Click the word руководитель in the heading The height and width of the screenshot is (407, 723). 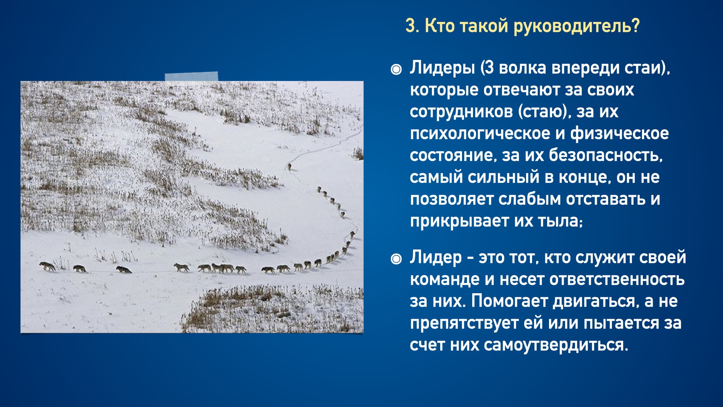pyautogui.click(x=577, y=26)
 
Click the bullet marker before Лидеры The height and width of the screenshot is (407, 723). pyautogui.click(x=396, y=69)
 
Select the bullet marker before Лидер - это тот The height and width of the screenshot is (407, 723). pyautogui.click(x=396, y=259)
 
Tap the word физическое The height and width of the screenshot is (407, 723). pyautogui.click(x=619, y=134)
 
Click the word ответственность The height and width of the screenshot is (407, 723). pyautogui.click(x=617, y=280)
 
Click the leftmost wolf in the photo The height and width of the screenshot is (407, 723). pyautogui.click(x=47, y=266)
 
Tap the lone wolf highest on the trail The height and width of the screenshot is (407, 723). pyautogui.click(x=289, y=166)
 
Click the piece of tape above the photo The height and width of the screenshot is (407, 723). pyautogui.click(x=191, y=77)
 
